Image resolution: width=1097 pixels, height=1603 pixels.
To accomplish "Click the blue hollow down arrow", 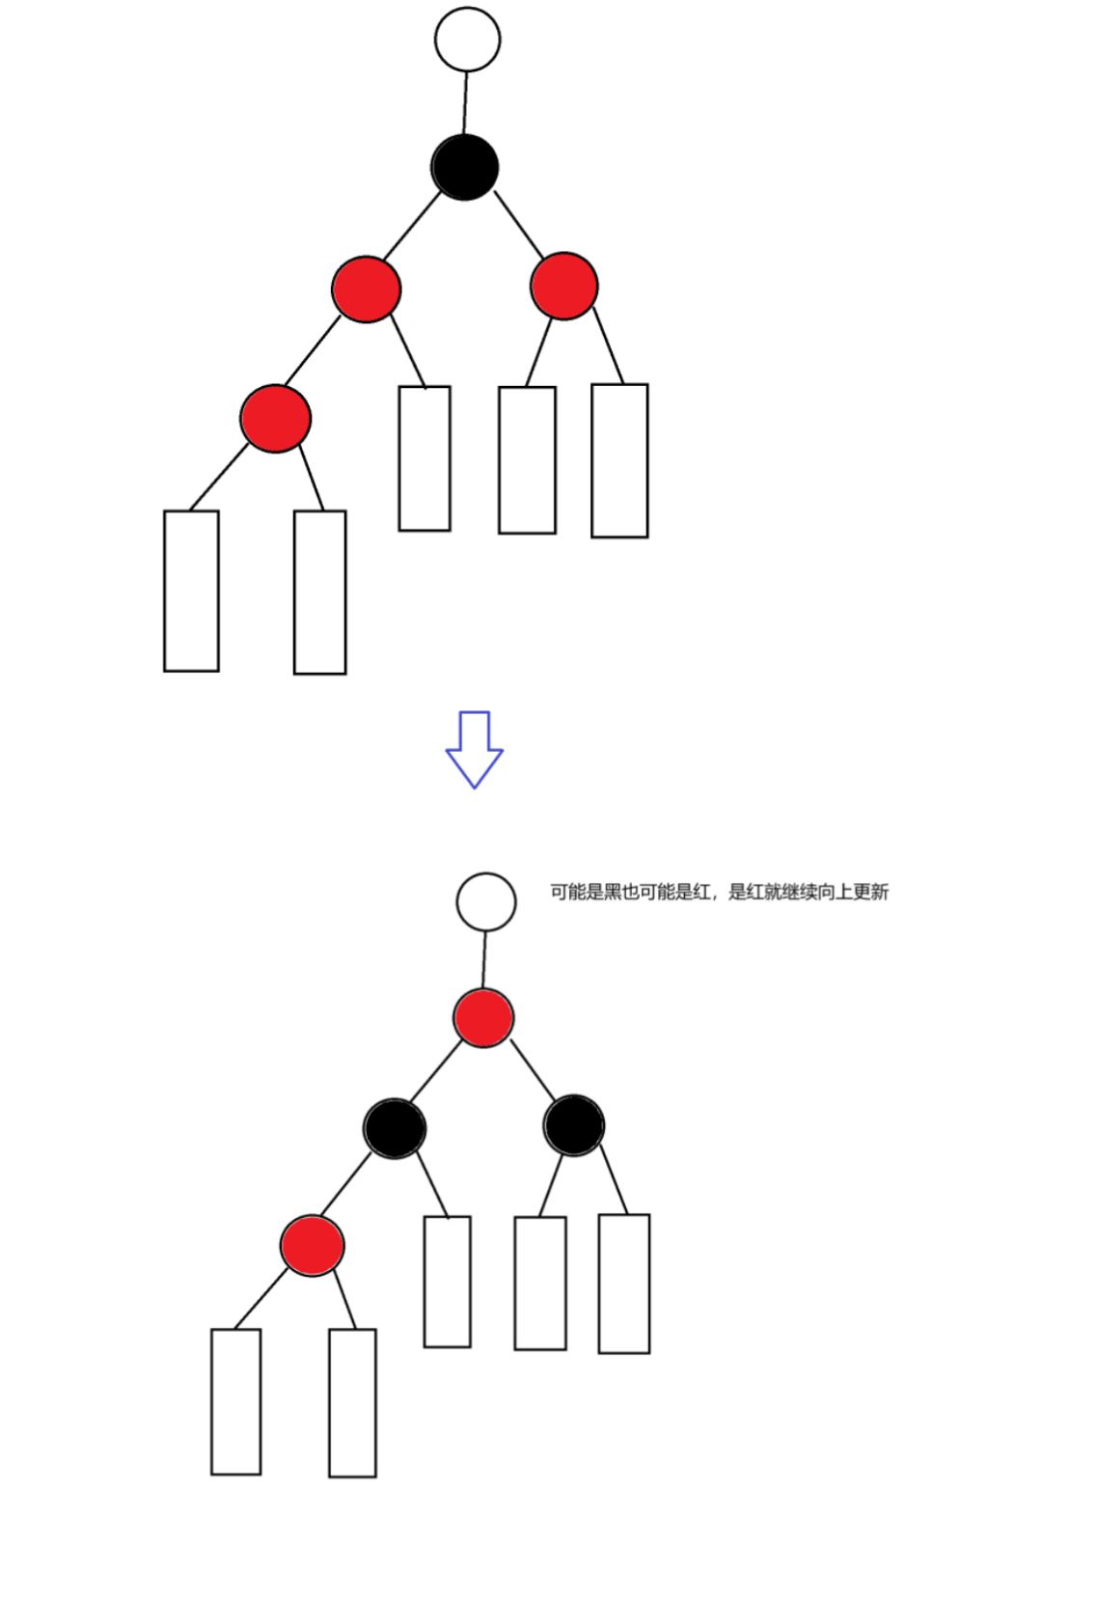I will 474,750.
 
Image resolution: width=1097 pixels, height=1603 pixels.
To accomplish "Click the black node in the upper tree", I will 465,167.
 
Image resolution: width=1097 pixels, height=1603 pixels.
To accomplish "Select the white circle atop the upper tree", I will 467,40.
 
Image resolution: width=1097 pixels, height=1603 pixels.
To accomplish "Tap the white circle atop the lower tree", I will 486,901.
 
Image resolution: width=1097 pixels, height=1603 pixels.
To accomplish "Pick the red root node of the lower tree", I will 483,1017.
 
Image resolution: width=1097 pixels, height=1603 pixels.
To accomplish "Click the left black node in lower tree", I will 395,1127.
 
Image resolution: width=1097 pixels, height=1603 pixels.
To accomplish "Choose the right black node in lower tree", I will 574,1124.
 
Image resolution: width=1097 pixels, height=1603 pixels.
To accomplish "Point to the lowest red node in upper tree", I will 275,418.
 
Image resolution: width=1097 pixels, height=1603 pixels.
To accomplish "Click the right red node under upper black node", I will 564,286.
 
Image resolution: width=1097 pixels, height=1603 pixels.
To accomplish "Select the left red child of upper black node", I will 366,289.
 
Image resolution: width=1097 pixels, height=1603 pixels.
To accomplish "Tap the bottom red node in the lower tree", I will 312,1245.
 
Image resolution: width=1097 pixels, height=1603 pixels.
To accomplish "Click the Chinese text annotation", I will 719,892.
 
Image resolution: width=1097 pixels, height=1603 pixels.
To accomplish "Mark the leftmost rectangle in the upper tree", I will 191,591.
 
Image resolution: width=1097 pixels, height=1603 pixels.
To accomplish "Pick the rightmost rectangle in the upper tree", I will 619,460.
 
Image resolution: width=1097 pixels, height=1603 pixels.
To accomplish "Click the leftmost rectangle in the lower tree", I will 235,1401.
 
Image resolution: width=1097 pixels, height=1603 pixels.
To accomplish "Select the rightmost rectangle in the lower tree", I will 624,1284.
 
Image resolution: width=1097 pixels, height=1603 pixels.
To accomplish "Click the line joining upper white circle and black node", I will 465,102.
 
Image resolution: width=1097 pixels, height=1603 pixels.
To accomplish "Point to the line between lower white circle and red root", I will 484,959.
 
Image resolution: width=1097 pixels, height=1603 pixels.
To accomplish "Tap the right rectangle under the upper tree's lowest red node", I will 319,592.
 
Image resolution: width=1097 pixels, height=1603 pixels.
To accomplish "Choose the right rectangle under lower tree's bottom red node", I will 352,1402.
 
